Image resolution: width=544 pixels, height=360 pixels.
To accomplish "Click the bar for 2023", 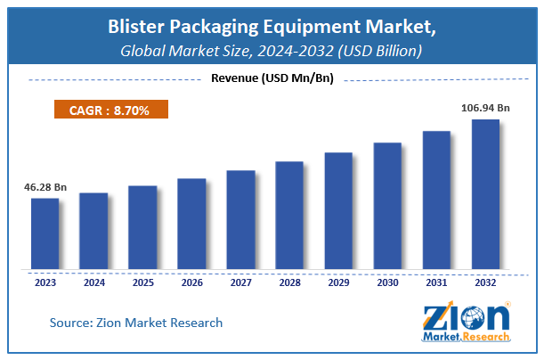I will pyautogui.click(x=45, y=233).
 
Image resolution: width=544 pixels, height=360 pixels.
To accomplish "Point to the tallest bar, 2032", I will pyautogui.click(x=485, y=193).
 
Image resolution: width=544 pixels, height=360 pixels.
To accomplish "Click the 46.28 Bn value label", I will pyautogui.click(x=45, y=188).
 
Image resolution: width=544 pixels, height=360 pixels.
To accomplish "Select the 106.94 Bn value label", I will pyautogui.click(x=485, y=107).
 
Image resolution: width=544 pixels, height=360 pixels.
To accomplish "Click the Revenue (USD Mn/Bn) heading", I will pyautogui.click(x=272, y=78).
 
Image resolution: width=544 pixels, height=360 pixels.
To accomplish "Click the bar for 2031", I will pyautogui.click(x=436, y=200).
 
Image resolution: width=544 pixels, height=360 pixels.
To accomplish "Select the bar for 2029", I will pyautogui.click(x=338, y=210).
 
